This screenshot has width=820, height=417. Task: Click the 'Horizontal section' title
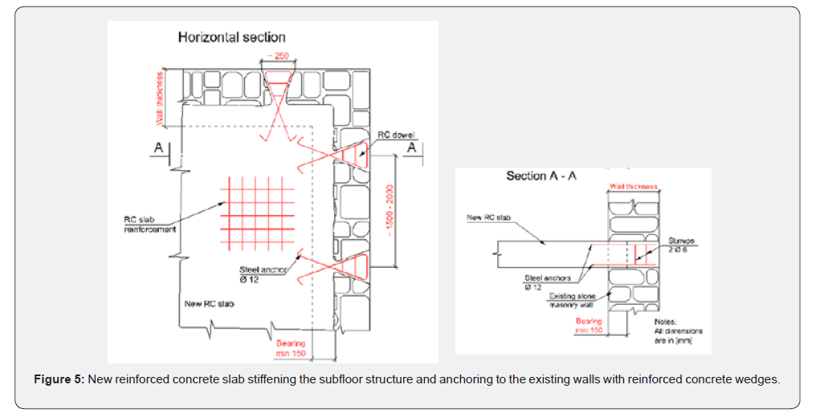pos(231,37)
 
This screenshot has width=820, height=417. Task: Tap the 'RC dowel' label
pos(395,135)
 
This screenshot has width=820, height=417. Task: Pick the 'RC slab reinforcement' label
pos(150,223)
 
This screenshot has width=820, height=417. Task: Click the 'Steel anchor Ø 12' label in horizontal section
pos(263,274)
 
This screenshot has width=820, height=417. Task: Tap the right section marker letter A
pos(410,148)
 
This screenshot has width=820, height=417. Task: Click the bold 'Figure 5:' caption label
pos(59,379)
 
